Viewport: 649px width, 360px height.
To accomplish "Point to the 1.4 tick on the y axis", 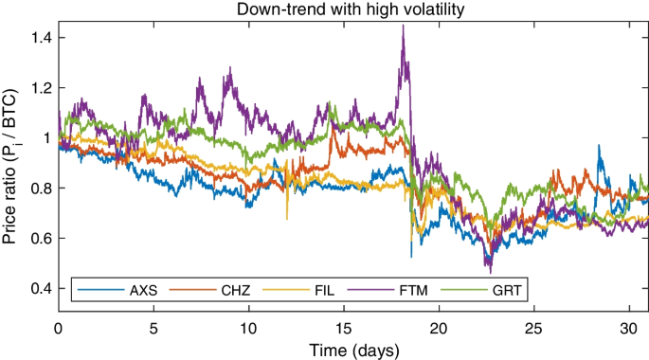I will [x=40, y=38].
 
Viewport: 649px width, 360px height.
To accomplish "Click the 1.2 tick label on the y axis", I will [x=40, y=88].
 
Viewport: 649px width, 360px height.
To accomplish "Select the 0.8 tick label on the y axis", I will [x=40, y=189].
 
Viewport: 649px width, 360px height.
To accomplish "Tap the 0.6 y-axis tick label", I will [x=40, y=239].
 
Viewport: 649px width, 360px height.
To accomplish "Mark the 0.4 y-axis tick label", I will [x=40, y=288].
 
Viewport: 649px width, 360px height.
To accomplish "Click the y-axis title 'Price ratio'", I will [x=12, y=166].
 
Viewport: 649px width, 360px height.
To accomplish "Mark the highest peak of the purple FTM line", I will [x=403, y=27].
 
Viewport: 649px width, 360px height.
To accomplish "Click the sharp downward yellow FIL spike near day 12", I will [x=287, y=219].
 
